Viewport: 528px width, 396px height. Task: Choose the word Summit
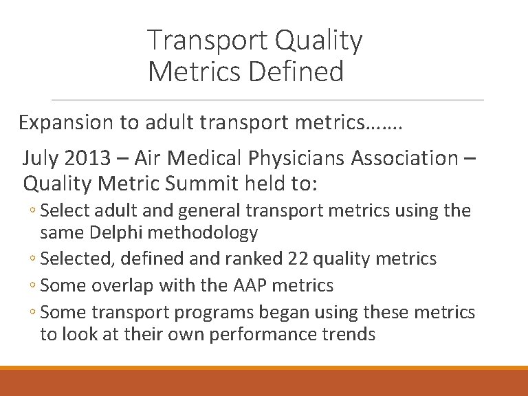206,184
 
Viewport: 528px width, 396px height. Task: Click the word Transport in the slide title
207,41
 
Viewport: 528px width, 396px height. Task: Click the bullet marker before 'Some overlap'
34,285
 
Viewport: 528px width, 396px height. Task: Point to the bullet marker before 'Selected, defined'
34,259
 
